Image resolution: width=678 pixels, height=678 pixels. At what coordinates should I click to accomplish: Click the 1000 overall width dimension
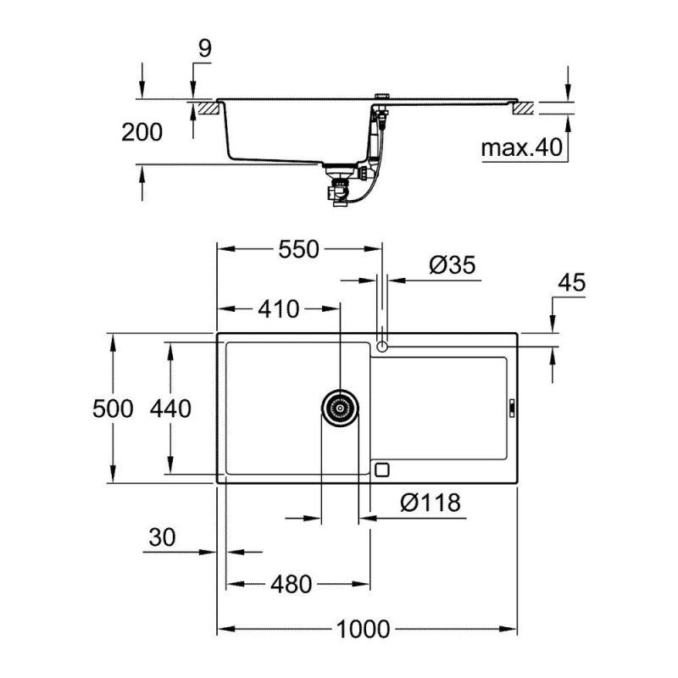pyautogui.click(x=363, y=629)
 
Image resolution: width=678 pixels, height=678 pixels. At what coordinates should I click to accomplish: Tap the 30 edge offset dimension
pyautogui.click(x=162, y=536)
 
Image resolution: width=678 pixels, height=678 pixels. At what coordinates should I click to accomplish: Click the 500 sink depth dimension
pyautogui.click(x=114, y=408)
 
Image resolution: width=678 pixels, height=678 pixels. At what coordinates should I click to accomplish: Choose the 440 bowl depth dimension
pyautogui.click(x=170, y=408)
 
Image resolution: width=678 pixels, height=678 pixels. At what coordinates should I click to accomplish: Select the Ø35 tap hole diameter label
pyautogui.click(x=453, y=264)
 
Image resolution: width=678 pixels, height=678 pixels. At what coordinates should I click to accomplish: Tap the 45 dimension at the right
pyautogui.click(x=572, y=283)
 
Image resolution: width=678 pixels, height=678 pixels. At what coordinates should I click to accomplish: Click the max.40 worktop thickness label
pyautogui.click(x=522, y=148)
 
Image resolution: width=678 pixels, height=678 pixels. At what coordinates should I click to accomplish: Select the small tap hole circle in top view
pyautogui.click(x=382, y=346)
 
